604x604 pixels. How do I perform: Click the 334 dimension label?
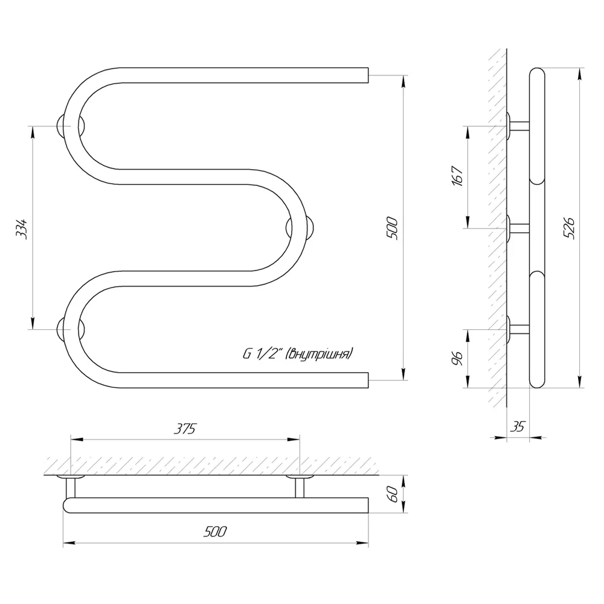coord(22,229)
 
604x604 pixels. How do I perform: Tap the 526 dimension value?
coord(569,228)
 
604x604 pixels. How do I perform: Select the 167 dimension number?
coord(457,176)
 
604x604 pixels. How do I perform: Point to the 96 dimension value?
coord(457,358)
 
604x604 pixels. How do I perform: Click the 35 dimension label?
coord(518,426)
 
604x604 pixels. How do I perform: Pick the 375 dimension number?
coord(185,429)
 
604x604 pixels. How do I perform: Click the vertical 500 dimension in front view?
coord(392,228)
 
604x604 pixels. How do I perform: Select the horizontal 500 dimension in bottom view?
coord(216,532)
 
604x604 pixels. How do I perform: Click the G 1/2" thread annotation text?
coord(297,353)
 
